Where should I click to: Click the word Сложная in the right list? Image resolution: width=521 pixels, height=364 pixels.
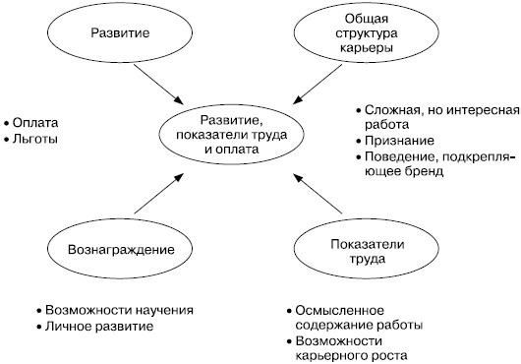click(x=391, y=109)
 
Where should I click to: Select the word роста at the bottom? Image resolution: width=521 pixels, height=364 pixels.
click(x=385, y=355)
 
